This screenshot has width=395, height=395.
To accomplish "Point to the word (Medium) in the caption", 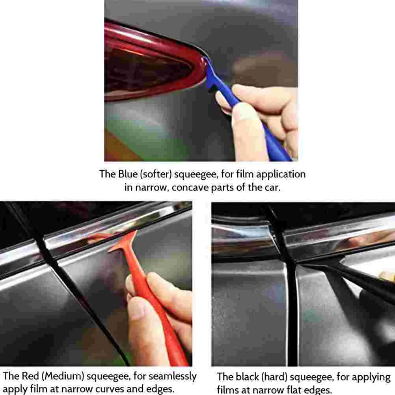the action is coord(63,376).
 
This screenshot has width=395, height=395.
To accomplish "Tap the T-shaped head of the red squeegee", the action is coord(123,243).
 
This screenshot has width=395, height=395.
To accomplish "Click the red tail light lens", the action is coord(149,68).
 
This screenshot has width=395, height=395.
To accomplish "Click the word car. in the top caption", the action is coord(272,188).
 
